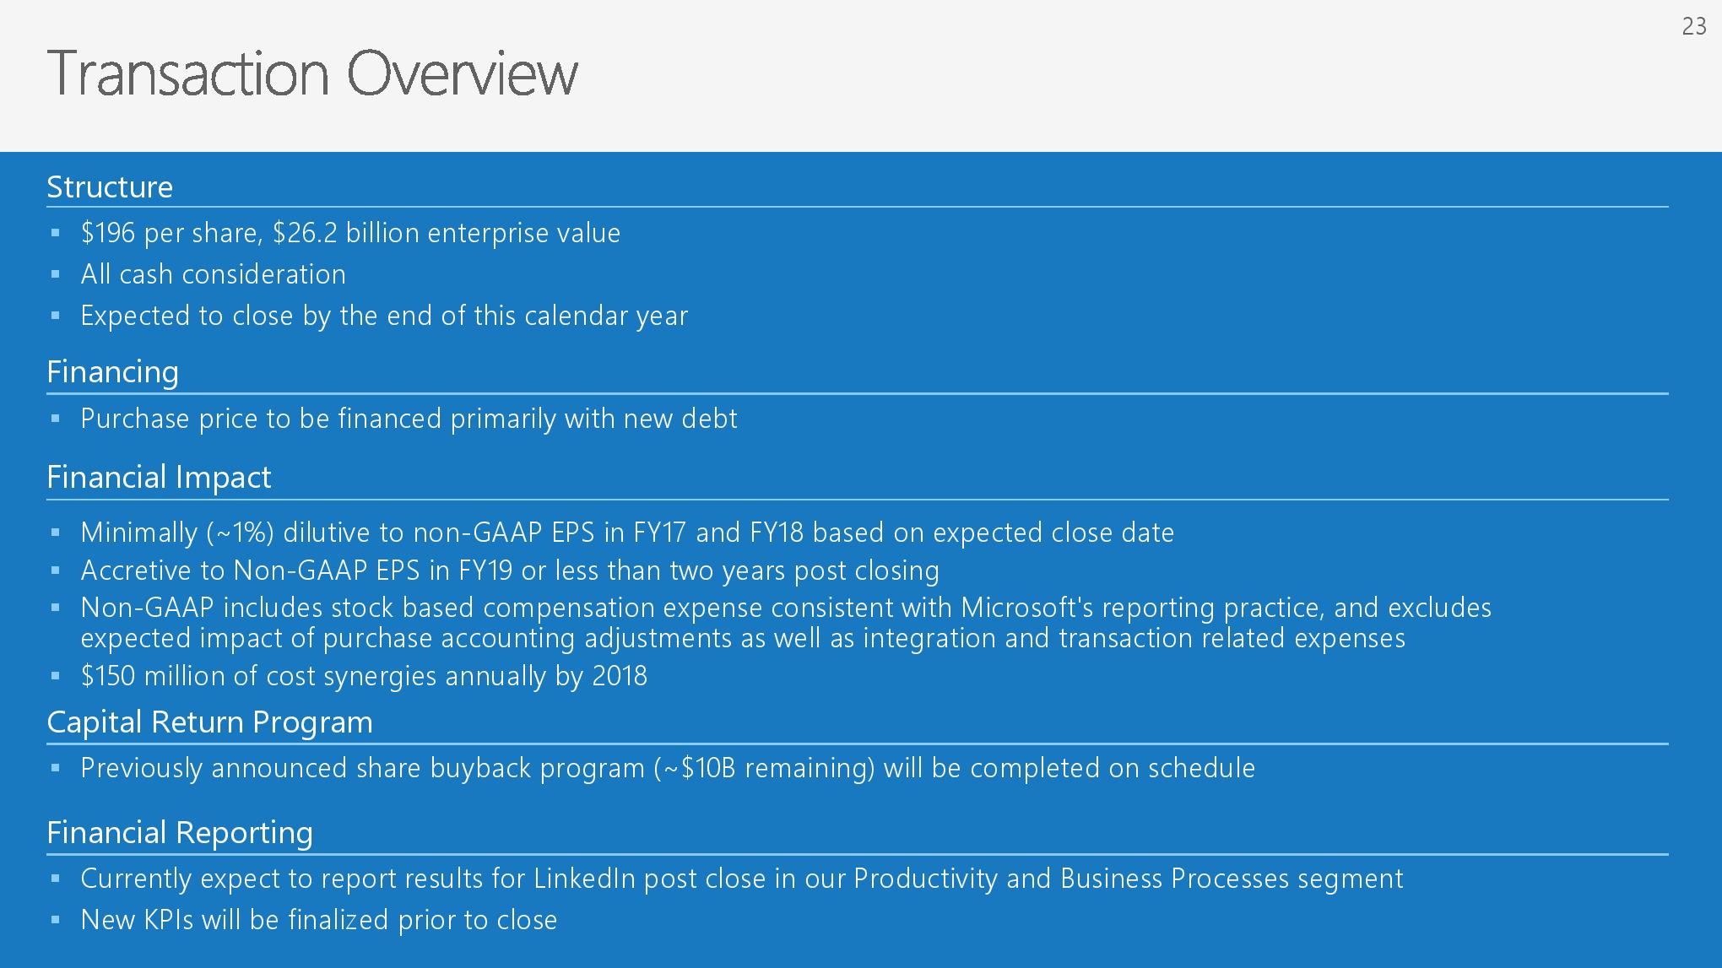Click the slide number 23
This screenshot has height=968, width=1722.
[x=1694, y=27]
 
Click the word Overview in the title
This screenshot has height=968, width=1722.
[x=463, y=73]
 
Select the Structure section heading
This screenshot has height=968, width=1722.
[x=110, y=187]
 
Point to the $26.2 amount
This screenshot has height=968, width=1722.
[x=305, y=233]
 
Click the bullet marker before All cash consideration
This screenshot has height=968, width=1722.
[x=56, y=274]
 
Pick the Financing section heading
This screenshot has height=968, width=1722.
[x=112, y=372]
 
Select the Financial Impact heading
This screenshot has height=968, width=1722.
[x=159, y=478]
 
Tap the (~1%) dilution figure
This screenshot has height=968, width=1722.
[x=240, y=533]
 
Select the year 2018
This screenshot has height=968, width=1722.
[x=620, y=676]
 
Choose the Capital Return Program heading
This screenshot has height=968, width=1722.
[x=209, y=722]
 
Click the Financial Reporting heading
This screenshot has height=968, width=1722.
[x=180, y=833]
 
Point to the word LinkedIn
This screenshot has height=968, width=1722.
[x=584, y=879]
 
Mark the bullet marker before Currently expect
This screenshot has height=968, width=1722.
[x=56, y=879]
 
